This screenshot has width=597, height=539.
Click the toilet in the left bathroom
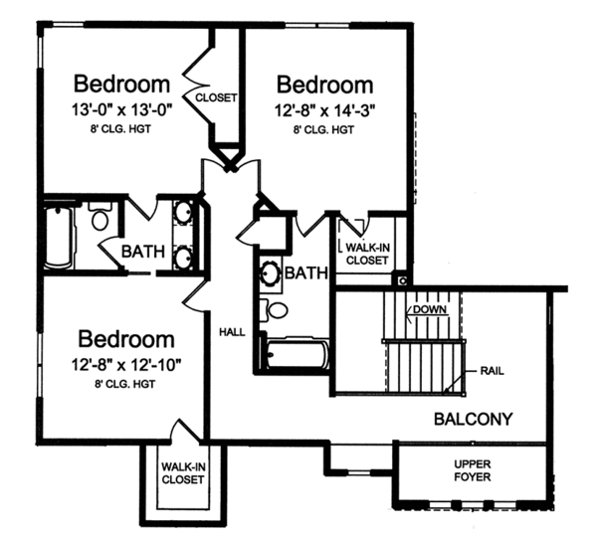[x=99, y=219]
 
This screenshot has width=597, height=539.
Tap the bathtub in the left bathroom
[x=58, y=236]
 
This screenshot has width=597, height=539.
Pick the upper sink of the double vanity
[x=185, y=212]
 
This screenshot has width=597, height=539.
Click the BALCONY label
[x=473, y=419]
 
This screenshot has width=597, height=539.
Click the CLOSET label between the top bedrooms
[x=216, y=97]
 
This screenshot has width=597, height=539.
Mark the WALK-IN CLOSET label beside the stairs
[x=366, y=255]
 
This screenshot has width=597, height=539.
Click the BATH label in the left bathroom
[x=143, y=252]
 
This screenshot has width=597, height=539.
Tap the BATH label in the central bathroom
[x=306, y=271]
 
